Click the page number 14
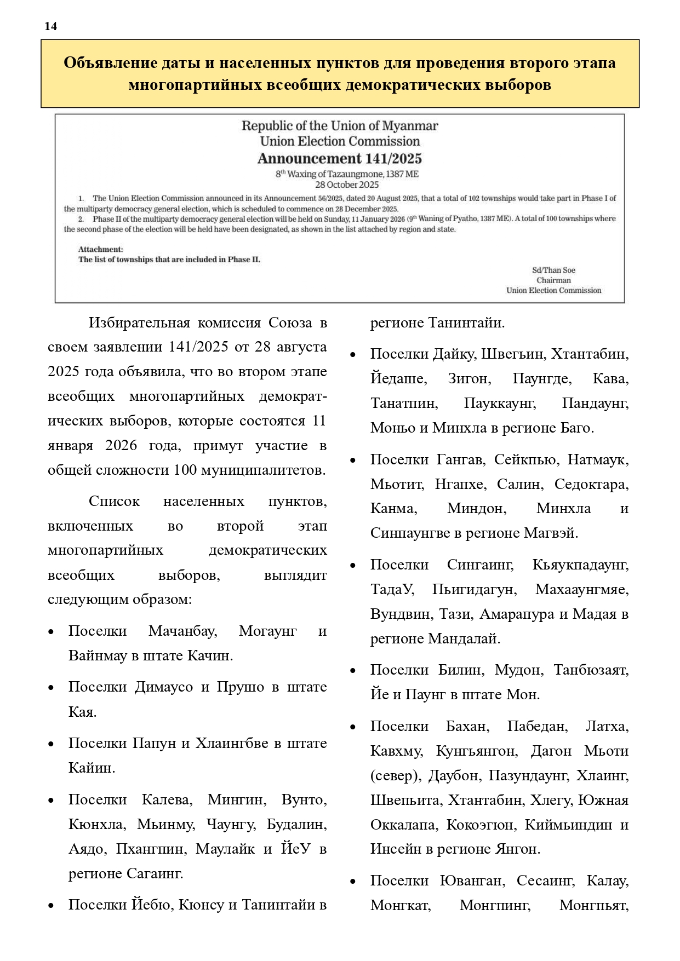[x=50, y=26]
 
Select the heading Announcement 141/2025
[x=340, y=159]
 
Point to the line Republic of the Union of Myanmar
[x=340, y=126]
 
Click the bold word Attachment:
[x=101, y=249]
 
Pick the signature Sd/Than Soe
[x=553, y=270]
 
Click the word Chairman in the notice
[x=553, y=280]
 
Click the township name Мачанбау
[x=182, y=631]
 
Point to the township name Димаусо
[x=164, y=687]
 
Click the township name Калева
[x=167, y=799]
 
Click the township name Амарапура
[x=517, y=614]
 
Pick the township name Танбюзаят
[x=591, y=670]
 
